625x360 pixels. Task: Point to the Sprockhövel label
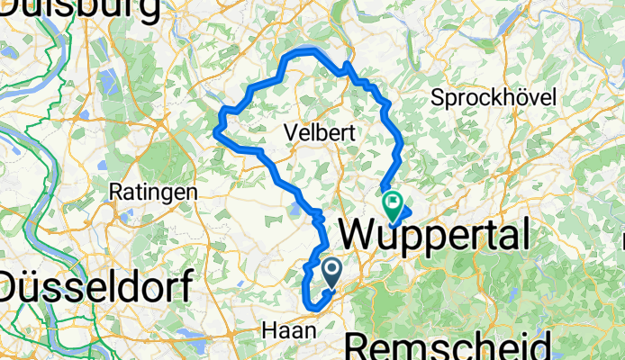click(494, 97)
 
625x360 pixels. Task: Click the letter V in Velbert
click(289, 132)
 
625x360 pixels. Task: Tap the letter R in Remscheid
click(359, 346)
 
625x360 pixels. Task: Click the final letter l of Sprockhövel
click(555, 96)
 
